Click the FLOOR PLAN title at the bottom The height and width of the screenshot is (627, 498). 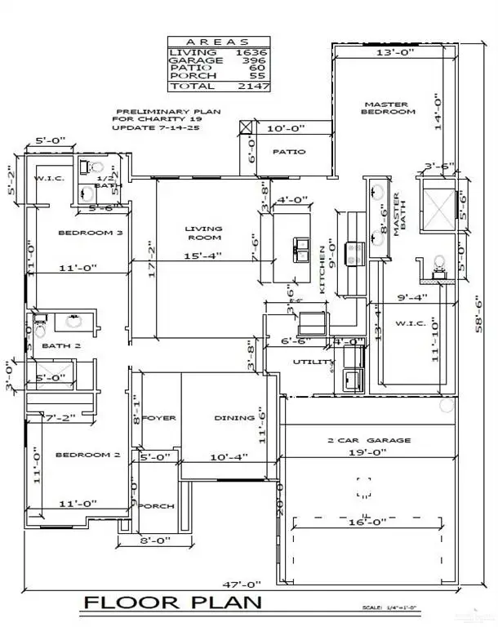click(172, 603)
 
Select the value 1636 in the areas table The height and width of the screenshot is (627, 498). click(253, 52)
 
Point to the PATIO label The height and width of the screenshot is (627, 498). click(288, 151)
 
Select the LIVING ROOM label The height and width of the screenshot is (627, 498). click(203, 233)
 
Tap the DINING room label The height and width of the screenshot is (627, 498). click(234, 418)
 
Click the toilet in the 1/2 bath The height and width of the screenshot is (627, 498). click(87, 166)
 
